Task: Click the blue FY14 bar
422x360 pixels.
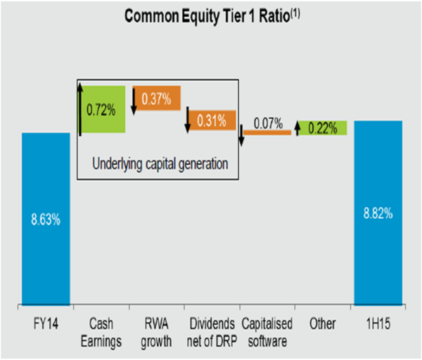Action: pyautogui.click(x=46, y=219)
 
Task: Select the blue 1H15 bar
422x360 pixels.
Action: pyautogui.click(x=378, y=213)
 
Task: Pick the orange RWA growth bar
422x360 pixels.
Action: pyautogui.click(x=157, y=98)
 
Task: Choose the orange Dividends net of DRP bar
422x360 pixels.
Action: pyautogui.click(x=212, y=120)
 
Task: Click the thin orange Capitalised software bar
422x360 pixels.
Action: pyautogui.click(x=267, y=132)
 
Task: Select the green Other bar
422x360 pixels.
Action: pyautogui.click(x=323, y=128)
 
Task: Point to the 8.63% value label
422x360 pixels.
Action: pyautogui.click(x=46, y=219)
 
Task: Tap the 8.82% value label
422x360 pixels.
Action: pyautogui.click(x=378, y=213)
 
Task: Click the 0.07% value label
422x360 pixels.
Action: pyautogui.click(x=269, y=124)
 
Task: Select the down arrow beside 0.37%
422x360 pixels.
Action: pyautogui.click(x=134, y=101)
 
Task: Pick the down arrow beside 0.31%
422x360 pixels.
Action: pyautogui.click(x=188, y=120)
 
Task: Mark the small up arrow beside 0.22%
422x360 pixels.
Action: pyautogui.click(x=297, y=129)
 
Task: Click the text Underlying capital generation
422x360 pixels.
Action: pyautogui.click(x=160, y=164)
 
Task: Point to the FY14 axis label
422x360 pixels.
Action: pyautogui.click(x=46, y=323)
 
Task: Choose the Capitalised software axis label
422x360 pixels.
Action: pyautogui.click(x=267, y=333)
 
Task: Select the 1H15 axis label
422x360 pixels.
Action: pyautogui.click(x=378, y=323)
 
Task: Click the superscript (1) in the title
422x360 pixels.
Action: pyautogui.click(x=295, y=13)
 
